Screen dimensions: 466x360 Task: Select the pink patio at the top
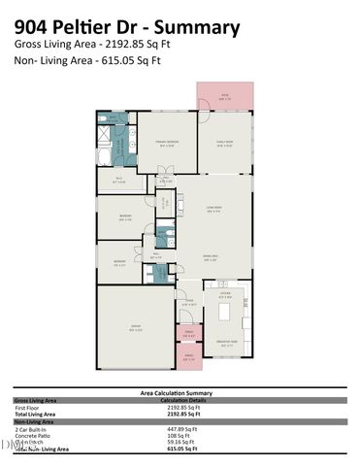tap(223, 96)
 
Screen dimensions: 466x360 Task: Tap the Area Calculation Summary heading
tap(178, 392)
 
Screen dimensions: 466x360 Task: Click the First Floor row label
tap(29, 407)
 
